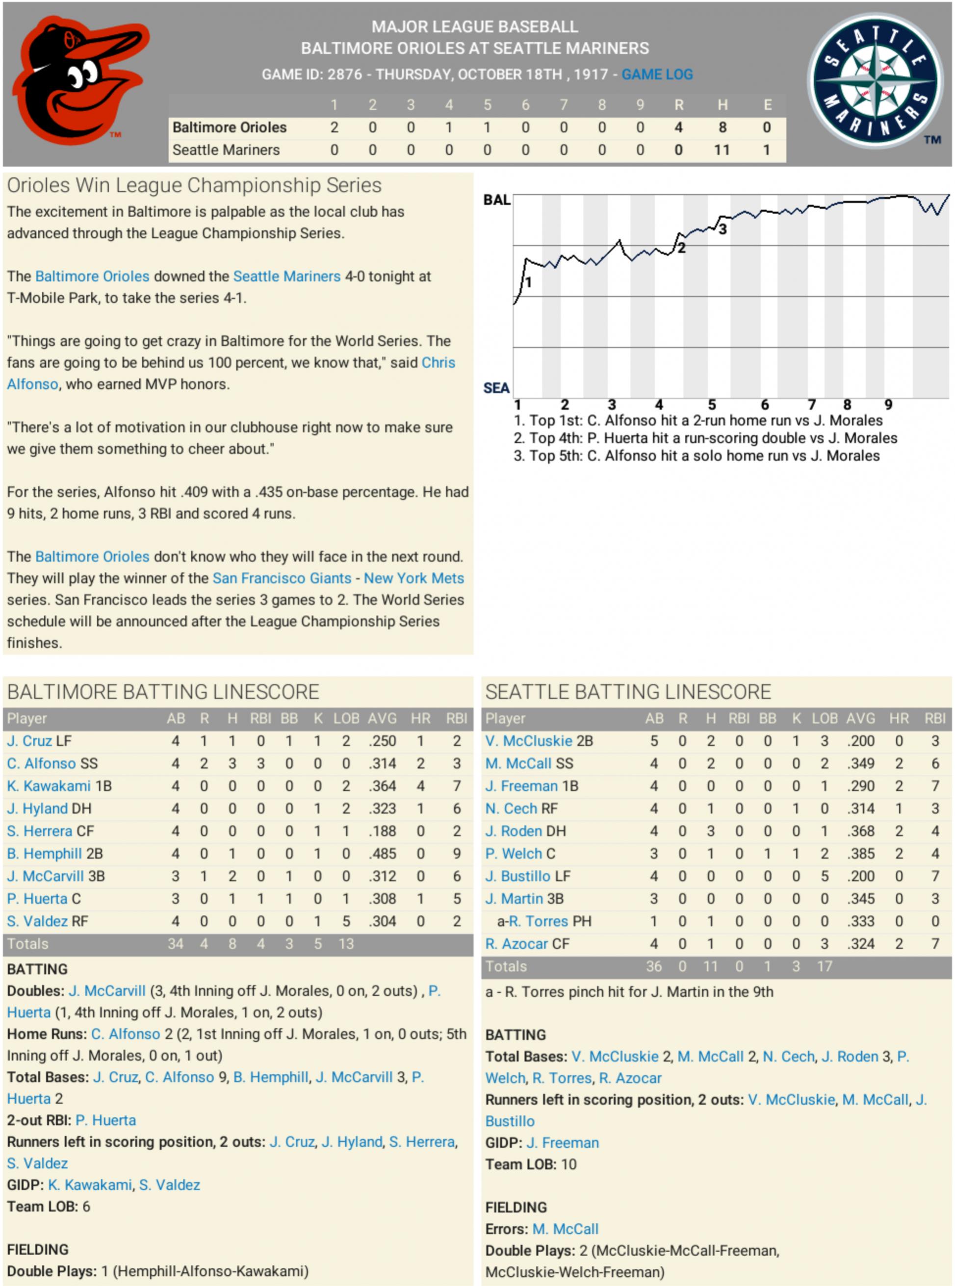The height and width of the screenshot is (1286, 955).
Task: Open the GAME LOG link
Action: [657, 75]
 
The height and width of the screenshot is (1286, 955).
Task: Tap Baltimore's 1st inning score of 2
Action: [334, 127]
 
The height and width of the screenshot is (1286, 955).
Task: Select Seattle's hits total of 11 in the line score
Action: [722, 150]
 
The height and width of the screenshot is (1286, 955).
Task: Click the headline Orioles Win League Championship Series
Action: [194, 185]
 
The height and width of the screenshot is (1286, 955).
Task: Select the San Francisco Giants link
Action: [282, 579]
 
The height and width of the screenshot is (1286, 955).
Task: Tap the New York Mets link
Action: [413, 579]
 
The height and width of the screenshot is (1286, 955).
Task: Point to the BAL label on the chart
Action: [496, 201]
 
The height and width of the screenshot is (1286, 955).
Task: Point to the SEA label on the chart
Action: [496, 388]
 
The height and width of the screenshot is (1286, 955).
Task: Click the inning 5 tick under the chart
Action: [712, 404]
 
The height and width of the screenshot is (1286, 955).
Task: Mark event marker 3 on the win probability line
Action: [723, 229]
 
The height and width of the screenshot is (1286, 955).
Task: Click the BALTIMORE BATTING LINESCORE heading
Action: [163, 691]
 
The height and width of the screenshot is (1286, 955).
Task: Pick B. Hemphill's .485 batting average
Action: [382, 854]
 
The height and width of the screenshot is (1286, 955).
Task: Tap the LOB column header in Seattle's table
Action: [825, 719]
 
